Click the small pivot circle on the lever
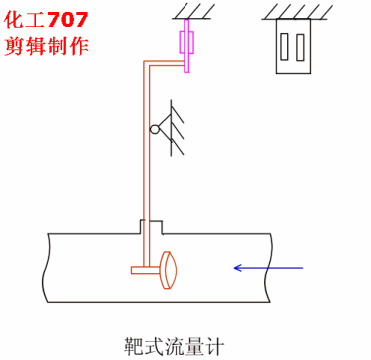(x=157, y=128)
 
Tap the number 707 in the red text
(x=76, y=18)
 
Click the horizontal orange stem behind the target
(x=146, y=268)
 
